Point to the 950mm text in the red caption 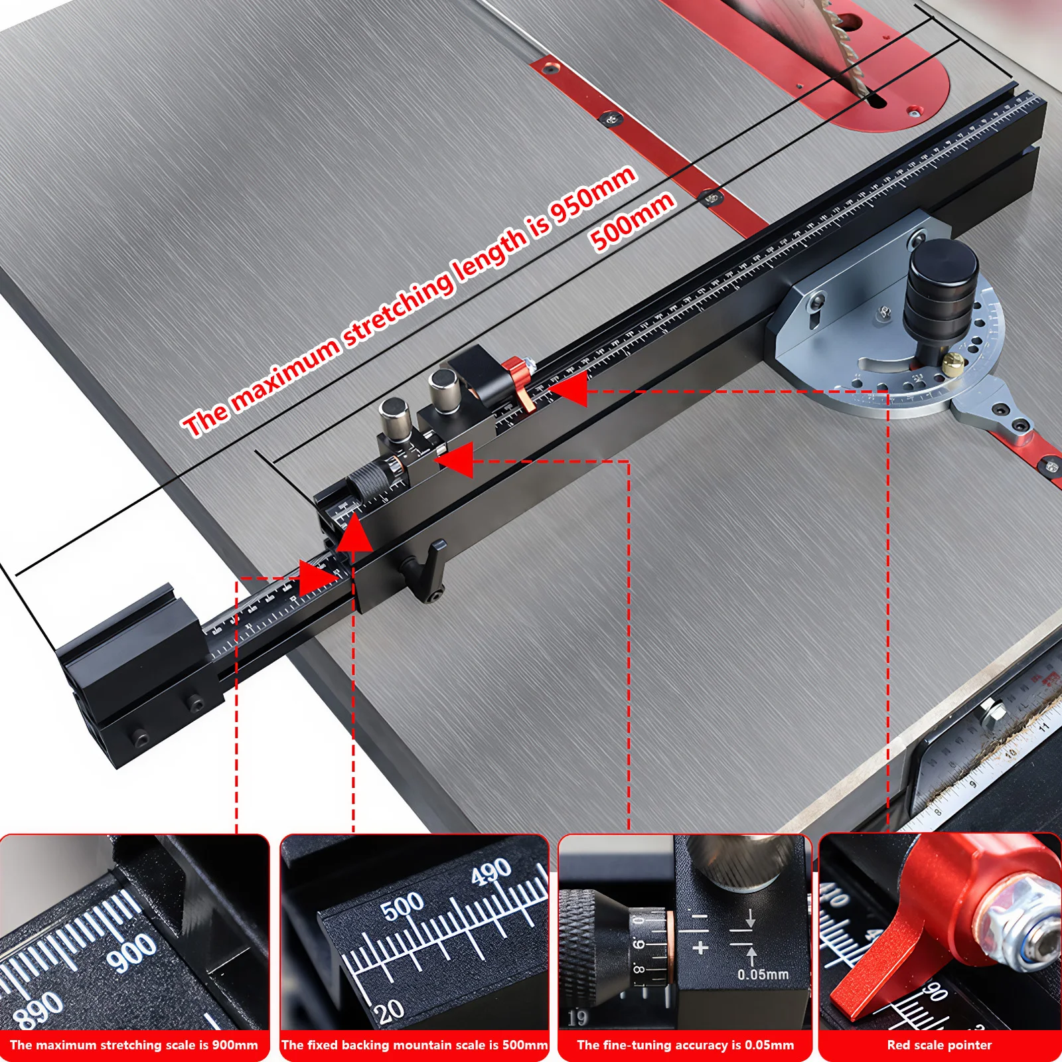point(593,193)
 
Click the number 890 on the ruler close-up point(38,1010)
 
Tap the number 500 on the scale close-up point(402,905)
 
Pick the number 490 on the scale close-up point(491,871)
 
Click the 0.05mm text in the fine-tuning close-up point(763,974)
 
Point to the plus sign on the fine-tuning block point(700,948)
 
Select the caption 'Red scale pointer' point(939,1045)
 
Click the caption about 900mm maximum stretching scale point(134,1045)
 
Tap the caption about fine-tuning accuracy point(685,1045)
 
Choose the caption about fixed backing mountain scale point(415,1045)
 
